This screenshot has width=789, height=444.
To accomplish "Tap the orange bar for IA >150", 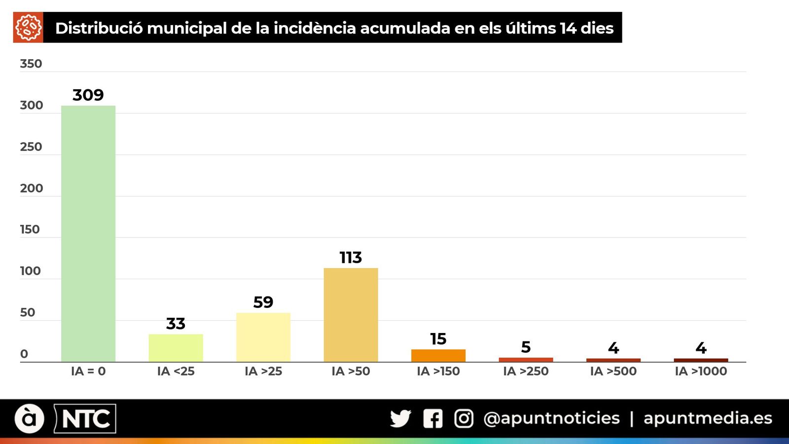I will [x=438, y=356].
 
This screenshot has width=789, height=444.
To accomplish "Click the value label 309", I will [x=88, y=95].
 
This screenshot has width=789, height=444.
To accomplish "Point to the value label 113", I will [x=351, y=258].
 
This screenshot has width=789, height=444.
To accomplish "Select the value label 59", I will [x=263, y=302].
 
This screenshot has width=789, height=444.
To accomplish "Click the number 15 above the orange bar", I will [x=438, y=339].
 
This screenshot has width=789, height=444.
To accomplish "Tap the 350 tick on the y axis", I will [x=31, y=64].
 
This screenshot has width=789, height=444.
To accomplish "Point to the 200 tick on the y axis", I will [x=31, y=188].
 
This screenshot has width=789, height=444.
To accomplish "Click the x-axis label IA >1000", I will [x=701, y=371].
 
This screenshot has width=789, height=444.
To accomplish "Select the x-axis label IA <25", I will [x=176, y=371].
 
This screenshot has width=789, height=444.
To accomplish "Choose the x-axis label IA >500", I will [x=613, y=371].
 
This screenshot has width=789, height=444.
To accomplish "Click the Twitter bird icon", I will [x=400, y=418].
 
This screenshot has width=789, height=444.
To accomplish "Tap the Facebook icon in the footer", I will [x=432, y=418].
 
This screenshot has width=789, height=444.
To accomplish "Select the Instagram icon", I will [x=464, y=418].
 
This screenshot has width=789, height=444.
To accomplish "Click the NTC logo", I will [x=85, y=419].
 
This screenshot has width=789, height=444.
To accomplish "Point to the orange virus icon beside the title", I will [x=28, y=28].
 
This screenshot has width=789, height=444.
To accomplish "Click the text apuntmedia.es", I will [x=708, y=418].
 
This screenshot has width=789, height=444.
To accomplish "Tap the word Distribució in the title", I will [x=99, y=28].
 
